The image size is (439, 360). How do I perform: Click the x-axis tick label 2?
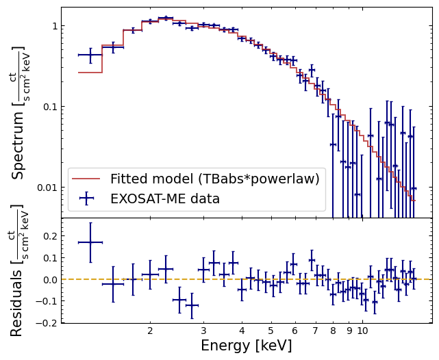(x=150, y=331)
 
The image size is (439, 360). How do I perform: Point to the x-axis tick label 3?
(x=203, y=331)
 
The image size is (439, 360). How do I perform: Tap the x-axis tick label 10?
(x=362, y=331)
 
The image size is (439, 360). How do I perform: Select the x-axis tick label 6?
(x=294, y=331)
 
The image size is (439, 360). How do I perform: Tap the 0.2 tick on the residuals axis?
(x=51, y=236)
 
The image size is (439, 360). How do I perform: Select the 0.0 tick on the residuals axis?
(x=51, y=279)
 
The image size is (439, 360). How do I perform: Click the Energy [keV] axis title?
(x=247, y=346)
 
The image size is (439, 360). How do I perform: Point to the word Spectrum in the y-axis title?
(x=18, y=146)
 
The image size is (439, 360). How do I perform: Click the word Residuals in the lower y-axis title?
(x=16, y=303)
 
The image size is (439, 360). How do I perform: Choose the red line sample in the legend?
(x=86, y=179)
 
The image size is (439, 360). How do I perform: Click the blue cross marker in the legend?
(x=86, y=198)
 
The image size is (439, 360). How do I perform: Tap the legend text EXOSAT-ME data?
(x=165, y=198)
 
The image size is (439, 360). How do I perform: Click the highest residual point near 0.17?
(x=90, y=242)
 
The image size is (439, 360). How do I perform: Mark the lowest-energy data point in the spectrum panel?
(x=90, y=55)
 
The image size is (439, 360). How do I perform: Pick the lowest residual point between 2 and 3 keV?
(x=192, y=305)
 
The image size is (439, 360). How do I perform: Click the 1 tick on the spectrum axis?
(x=55, y=26)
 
